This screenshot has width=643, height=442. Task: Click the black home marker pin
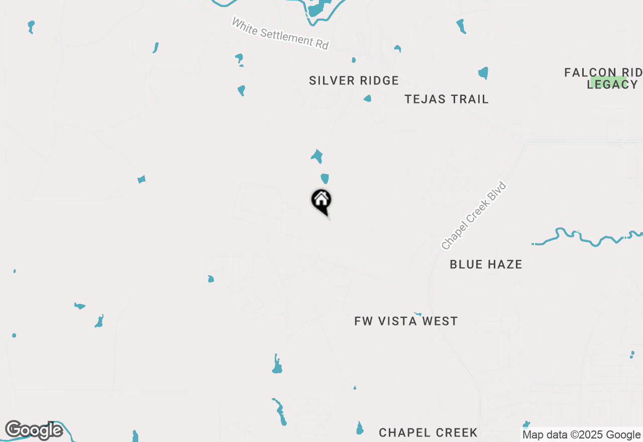click(x=321, y=201)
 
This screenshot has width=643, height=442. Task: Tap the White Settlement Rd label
click(x=280, y=34)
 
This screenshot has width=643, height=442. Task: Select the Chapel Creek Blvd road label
click(x=474, y=215)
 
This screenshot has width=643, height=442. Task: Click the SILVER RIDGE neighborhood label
click(x=354, y=80)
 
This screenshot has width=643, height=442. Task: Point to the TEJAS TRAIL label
click(x=447, y=99)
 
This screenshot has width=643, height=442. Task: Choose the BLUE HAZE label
click(x=486, y=264)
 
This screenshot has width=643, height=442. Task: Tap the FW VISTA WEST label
click(x=406, y=321)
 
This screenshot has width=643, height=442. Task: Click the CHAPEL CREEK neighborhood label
click(x=428, y=432)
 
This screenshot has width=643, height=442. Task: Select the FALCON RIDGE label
click(x=603, y=72)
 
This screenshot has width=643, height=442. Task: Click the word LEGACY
click(x=612, y=84)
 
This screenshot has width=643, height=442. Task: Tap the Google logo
click(x=34, y=430)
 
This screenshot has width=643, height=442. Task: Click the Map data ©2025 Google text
click(x=581, y=435)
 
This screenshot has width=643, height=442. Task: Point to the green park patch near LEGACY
click(x=608, y=81)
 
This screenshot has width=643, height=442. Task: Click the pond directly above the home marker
click(x=325, y=179)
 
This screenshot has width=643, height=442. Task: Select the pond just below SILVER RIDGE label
click(x=367, y=98)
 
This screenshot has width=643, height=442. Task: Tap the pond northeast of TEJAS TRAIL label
click(x=483, y=73)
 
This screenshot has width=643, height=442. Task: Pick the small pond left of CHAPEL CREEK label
click(x=359, y=428)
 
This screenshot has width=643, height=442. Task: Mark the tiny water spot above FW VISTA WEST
click(x=417, y=314)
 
